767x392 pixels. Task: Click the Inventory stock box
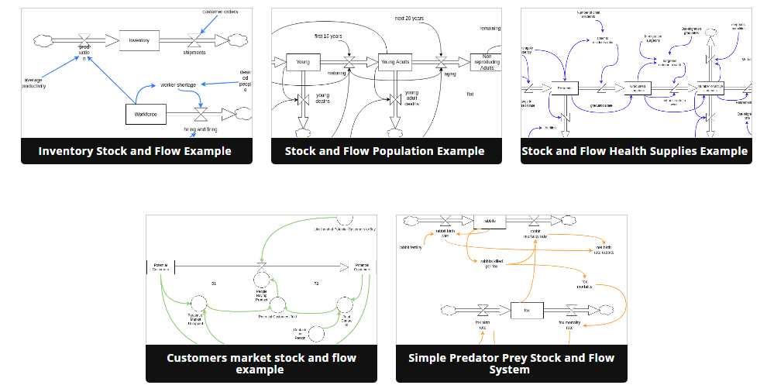(139, 40)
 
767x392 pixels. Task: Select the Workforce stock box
(146, 114)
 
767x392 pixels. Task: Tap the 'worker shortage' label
(178, 84)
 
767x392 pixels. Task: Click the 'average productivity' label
(35, 83)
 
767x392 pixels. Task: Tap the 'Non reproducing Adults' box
(487, 63)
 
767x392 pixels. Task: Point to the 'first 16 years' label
(328, 36)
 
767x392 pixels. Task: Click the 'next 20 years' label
(409, 17)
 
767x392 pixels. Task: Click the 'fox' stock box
(526, 311)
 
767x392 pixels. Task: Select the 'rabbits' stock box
(490, 221)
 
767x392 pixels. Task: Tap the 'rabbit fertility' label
(411, 247)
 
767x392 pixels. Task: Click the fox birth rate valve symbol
(483, 310)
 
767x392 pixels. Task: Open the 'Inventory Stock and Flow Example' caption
(135, 151)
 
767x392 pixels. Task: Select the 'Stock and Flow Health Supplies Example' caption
(635, 151)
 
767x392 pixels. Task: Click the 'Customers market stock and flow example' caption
(261, 363)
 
